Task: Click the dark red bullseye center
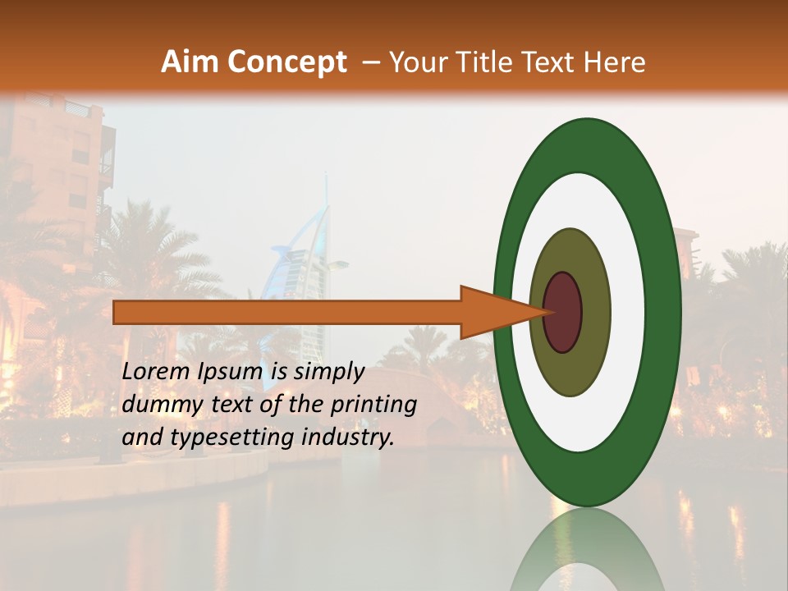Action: coord(562,312)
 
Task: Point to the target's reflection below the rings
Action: coord(587,550)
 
